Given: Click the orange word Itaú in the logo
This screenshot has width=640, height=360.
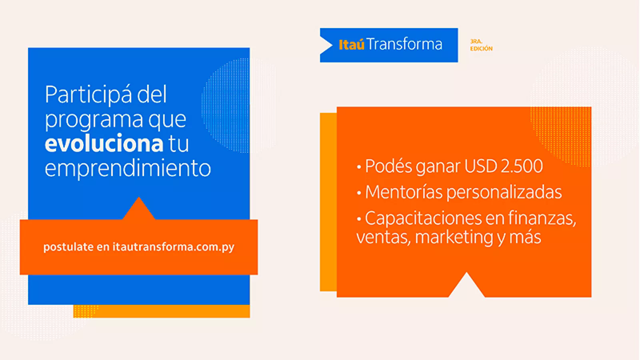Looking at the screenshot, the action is click(352, 44).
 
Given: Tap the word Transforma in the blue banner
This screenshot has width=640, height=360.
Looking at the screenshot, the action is click(404, 44).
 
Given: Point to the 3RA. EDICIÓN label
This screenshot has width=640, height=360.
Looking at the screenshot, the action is click(482, 45).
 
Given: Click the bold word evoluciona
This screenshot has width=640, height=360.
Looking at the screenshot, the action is click(104, 143).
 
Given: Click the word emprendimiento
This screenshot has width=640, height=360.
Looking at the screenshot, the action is click(128, 168).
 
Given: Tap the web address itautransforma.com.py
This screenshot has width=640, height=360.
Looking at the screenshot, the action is click(174, 247).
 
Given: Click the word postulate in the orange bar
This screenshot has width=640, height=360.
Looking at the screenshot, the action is click(68, 247).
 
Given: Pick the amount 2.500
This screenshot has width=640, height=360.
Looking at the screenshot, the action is click(522, 166).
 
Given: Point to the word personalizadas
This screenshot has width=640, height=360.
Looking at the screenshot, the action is click(504, 193).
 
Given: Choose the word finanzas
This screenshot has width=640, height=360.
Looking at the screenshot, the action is click(542, 218).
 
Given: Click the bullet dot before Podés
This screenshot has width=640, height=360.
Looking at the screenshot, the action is click(359, 168).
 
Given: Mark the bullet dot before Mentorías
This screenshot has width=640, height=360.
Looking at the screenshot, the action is click(359, 193).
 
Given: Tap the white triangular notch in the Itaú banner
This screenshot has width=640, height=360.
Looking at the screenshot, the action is click(326, 45).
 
